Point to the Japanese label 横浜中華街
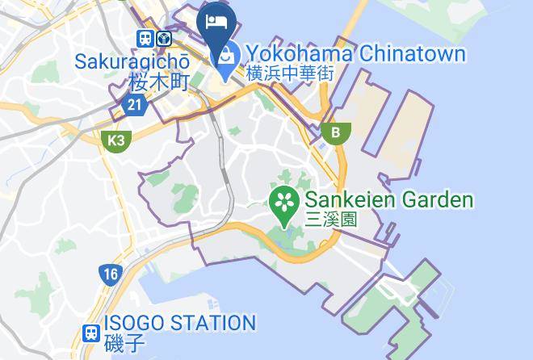[x=290, y=73]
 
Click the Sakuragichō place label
[x=132, y=61]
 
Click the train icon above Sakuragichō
[x=145, y=38]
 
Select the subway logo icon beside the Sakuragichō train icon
[x=165, y=38]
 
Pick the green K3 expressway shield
[x=117, y=140]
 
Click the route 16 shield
[x=110, y=274]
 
